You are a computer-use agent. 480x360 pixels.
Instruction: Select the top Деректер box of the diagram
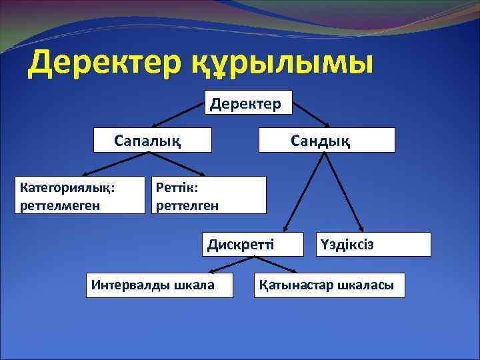click(248, 103)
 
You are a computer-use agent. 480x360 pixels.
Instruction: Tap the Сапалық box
click(153, 140)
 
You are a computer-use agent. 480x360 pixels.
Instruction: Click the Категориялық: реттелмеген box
click(79, 195)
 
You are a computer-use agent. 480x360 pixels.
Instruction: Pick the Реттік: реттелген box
click(209, 195)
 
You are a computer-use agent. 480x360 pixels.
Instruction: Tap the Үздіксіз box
click(373, 244)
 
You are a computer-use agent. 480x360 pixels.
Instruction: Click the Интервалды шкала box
click(160, 285)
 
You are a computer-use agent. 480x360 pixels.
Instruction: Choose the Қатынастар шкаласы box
click(329, 285)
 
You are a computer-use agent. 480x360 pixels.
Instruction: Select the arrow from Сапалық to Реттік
click(176, 164)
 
